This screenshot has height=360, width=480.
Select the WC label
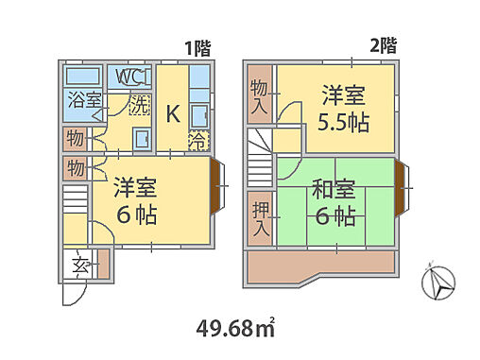129,76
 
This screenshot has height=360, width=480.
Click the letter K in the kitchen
173,114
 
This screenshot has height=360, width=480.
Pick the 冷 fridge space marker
197,142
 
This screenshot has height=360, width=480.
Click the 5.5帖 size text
343,123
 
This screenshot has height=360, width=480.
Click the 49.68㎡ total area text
237,330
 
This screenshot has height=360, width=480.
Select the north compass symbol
439,281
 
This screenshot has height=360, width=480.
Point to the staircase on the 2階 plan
259,159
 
